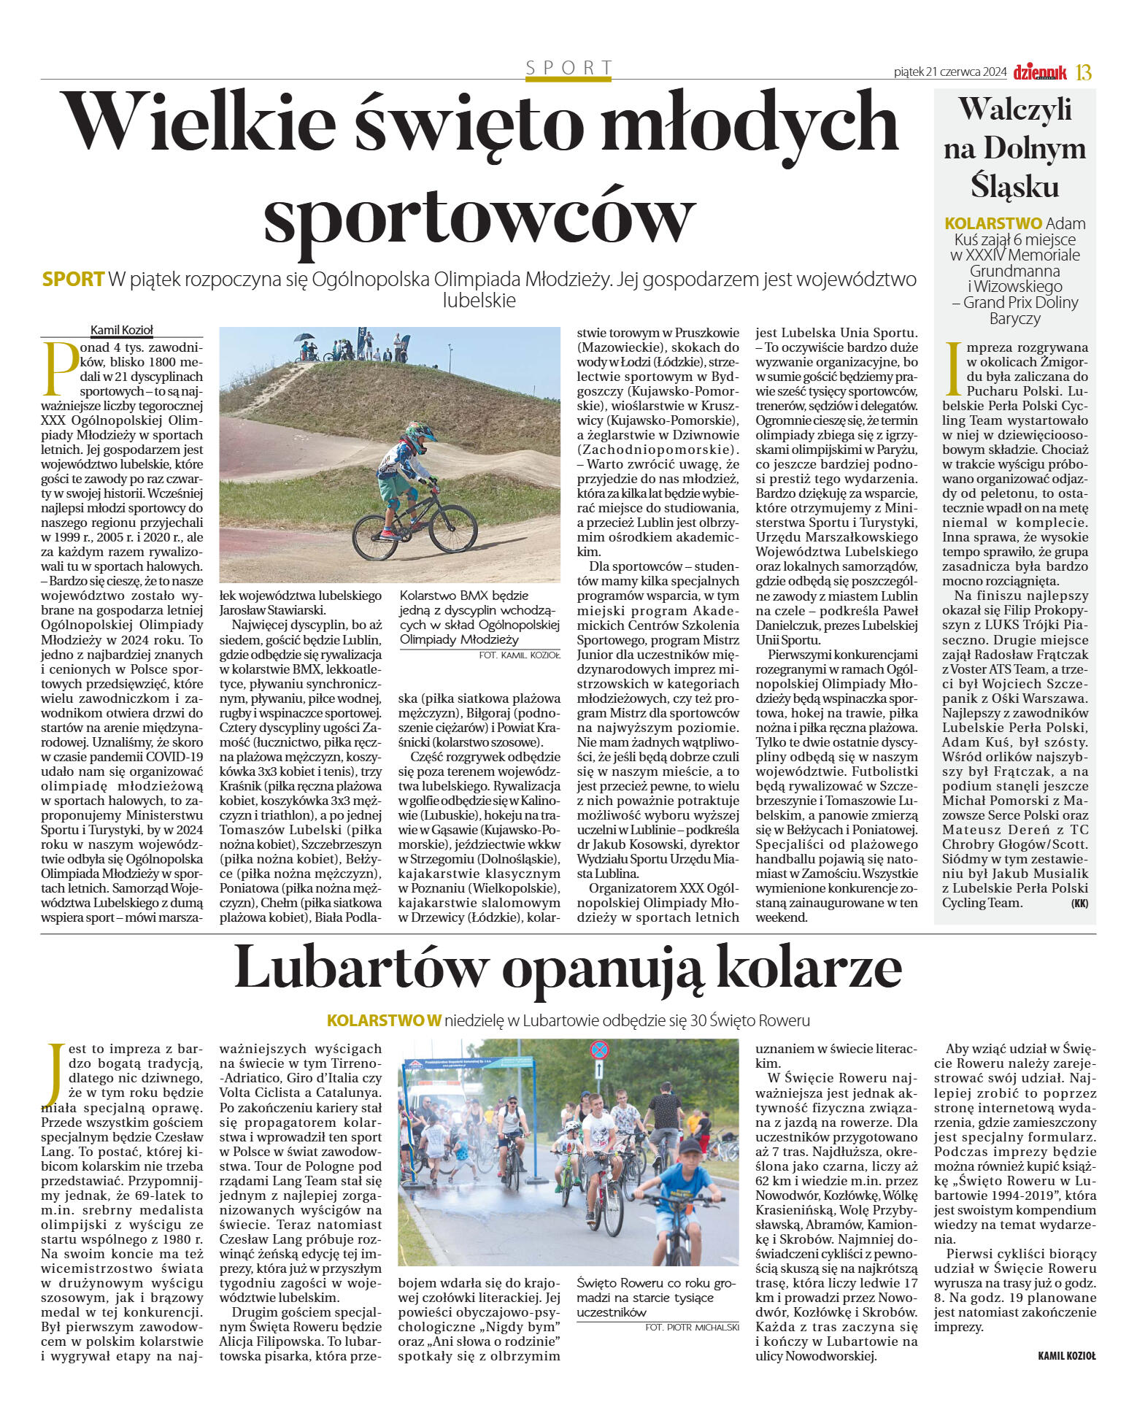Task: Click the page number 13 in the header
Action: point(1084,72)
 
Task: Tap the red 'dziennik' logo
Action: point(1039,72)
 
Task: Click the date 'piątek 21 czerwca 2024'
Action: point(949,72)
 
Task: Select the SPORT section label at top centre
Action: point(568,69)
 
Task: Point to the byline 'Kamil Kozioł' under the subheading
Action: point(121,330)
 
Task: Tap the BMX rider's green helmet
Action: point(420,433)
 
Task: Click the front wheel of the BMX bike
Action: point(453,525)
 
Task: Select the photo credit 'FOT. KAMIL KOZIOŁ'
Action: point(519,655)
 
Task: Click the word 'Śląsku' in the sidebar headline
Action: point(1014,186)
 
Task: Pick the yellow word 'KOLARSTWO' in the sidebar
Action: point(993,223)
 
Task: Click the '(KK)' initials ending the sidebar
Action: point(1079,904)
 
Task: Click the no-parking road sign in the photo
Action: point(598,1050)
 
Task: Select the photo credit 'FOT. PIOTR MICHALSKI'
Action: point(692,1327)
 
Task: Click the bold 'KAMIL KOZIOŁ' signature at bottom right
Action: point(1066,1356)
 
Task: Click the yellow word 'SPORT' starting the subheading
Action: point(73,280)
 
